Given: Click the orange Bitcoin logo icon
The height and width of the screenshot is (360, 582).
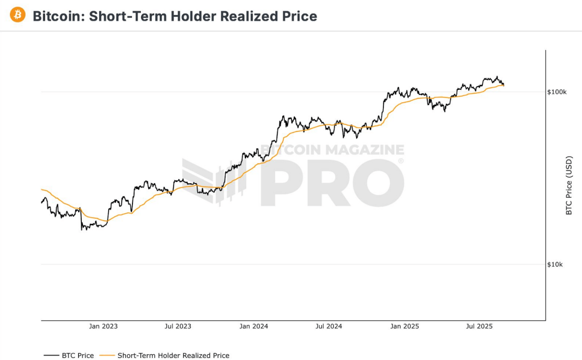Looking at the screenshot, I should coord(17,15).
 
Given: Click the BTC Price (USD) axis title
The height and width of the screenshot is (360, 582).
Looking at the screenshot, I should coord(569,185).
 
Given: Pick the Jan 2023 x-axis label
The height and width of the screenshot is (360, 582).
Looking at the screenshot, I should coord(103,327).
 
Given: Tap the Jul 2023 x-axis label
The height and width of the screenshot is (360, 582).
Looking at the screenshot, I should coord(178,327).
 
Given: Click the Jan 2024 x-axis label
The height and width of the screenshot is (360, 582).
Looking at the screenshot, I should coord(253,327).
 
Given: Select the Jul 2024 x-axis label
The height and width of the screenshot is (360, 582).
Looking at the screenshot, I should coord(329,327).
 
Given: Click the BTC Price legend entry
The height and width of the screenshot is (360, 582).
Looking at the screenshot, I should coord(78,356).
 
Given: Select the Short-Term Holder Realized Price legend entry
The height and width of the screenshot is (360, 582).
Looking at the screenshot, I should coord(173,356).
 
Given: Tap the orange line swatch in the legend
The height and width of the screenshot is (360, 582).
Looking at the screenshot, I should coord(107,356).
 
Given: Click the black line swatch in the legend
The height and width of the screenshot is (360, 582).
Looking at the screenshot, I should coord(51,356).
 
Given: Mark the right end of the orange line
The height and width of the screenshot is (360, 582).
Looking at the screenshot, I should coord(503,85).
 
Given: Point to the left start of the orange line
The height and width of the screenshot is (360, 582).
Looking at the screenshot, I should coord(41,189).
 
